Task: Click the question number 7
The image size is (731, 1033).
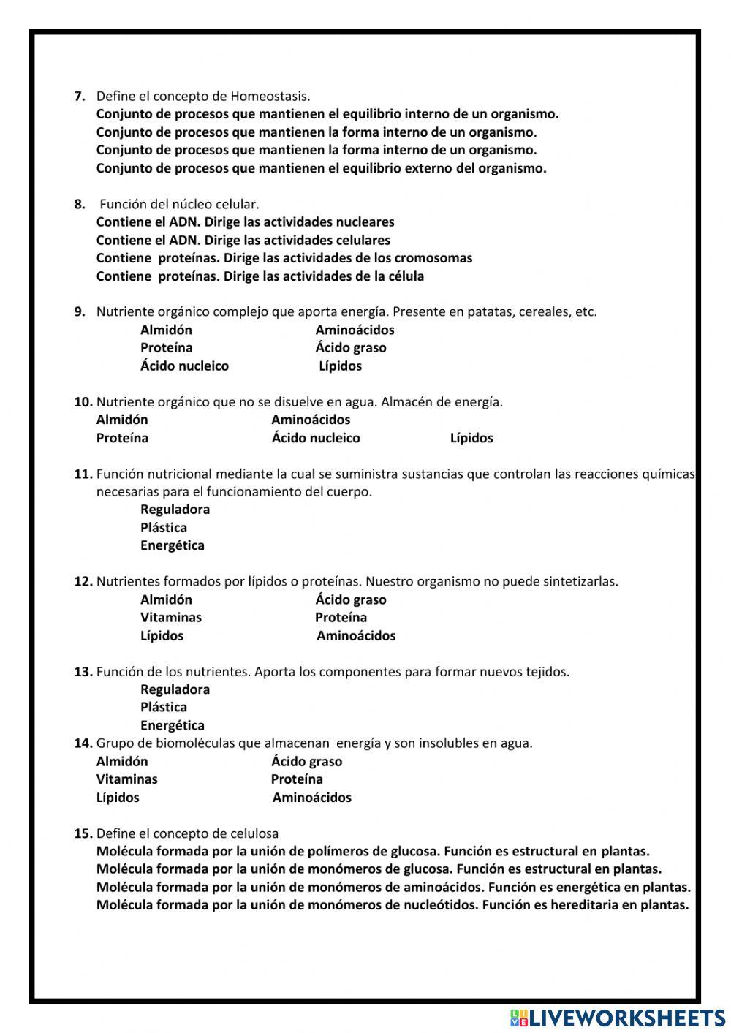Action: coord(80,96)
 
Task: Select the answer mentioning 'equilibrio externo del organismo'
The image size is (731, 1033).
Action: coord(321,168)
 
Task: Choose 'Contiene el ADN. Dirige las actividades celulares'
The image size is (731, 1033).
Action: coord(243,240)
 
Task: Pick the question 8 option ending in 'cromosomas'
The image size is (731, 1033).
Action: coord(284,258)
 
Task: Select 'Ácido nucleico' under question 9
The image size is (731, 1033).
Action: coord(184,366)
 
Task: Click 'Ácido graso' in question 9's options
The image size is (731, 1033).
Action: coord(351,348)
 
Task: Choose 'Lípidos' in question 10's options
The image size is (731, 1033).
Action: coord(471,438)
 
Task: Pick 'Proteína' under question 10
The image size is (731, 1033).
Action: coord(122,438)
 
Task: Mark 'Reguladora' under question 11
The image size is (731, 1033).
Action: coord(175,510)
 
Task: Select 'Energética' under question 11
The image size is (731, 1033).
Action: coord(173,545)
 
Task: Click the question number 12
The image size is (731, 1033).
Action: coord(83,582)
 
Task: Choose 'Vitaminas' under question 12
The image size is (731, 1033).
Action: coord(171,618)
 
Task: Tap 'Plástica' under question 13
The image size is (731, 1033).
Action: coord(164,707)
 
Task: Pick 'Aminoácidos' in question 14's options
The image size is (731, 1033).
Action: coord(312,798)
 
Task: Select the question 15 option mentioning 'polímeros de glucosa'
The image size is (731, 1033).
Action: coord(373,852)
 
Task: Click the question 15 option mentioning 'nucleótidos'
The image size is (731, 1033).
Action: coord(393,905)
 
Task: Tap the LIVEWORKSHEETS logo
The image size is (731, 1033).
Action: coord(618,1018)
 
